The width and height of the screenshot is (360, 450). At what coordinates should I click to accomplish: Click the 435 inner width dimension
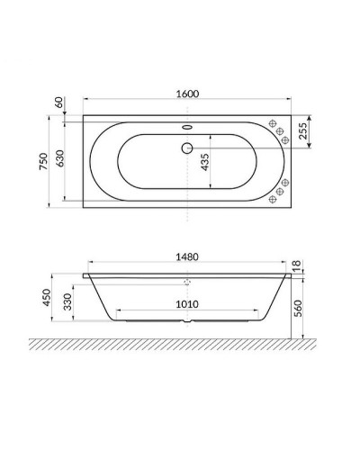click(205, 160)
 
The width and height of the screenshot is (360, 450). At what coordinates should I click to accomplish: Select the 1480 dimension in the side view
click(186, 256)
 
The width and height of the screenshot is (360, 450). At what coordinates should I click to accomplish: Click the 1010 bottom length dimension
click(186, 305)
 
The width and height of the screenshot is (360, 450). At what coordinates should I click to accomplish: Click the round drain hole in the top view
click(186, 148)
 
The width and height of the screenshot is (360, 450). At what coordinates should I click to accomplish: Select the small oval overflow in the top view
click(186, 127)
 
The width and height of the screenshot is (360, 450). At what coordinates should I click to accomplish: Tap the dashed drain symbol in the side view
click(186, 282)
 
